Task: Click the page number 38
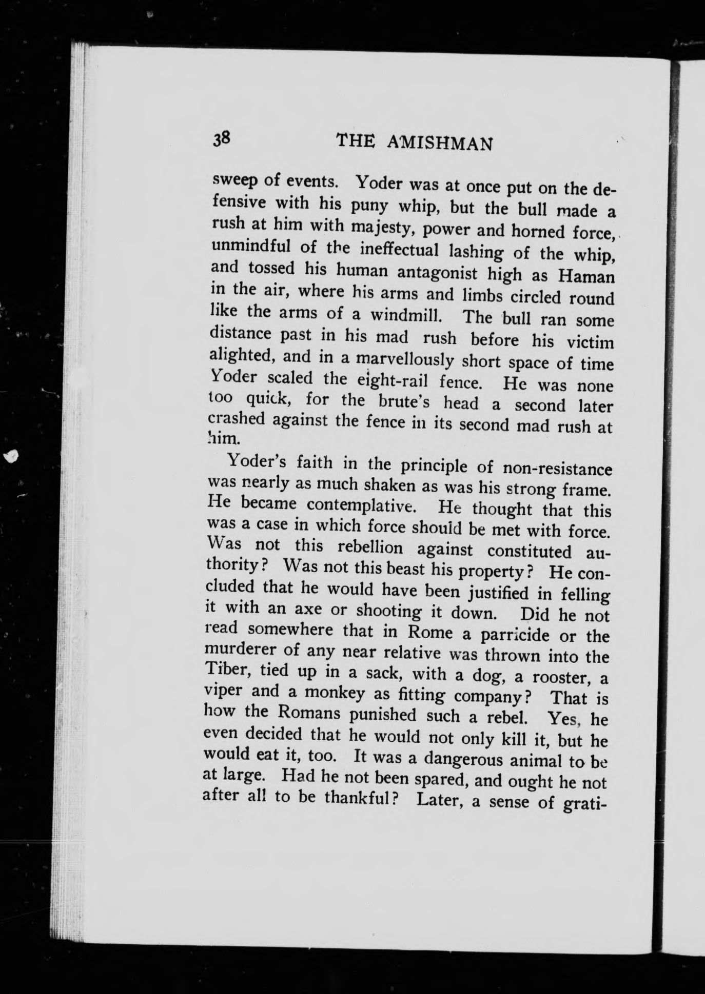tap(223, 139)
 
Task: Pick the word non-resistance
tap(557, 469)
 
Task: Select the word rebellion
tap(370, 547)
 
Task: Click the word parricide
tap(515, 635)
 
